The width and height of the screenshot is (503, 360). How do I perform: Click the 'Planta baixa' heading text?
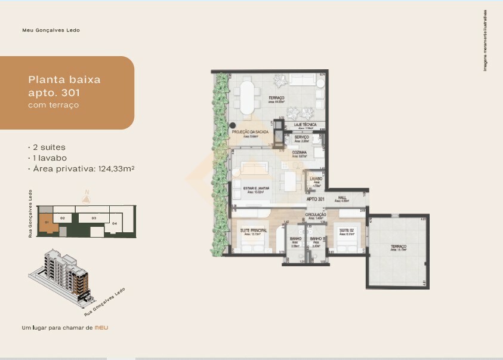(64, 79)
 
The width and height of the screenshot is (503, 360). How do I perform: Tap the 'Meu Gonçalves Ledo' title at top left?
(50, 30)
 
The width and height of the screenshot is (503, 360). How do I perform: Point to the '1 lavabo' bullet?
(47, 158)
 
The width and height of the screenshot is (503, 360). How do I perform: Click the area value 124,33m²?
(115, 169)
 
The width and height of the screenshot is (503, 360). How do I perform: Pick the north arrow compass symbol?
(87, 198)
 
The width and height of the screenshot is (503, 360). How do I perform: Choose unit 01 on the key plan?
(45, 219)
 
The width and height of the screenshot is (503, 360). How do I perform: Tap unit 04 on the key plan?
(114, 223)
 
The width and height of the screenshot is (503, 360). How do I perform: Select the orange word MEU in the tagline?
(101, 327)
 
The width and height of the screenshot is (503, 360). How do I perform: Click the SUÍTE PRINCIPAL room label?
(253, 230)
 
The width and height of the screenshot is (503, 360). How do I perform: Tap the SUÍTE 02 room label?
(347, 230)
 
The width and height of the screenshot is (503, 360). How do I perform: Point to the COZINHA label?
(299, 153)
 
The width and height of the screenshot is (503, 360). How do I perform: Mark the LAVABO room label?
(316, 178)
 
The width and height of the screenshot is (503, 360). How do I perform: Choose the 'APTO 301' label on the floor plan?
(316, 199)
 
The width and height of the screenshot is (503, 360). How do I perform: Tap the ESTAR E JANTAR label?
(256, 188)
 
